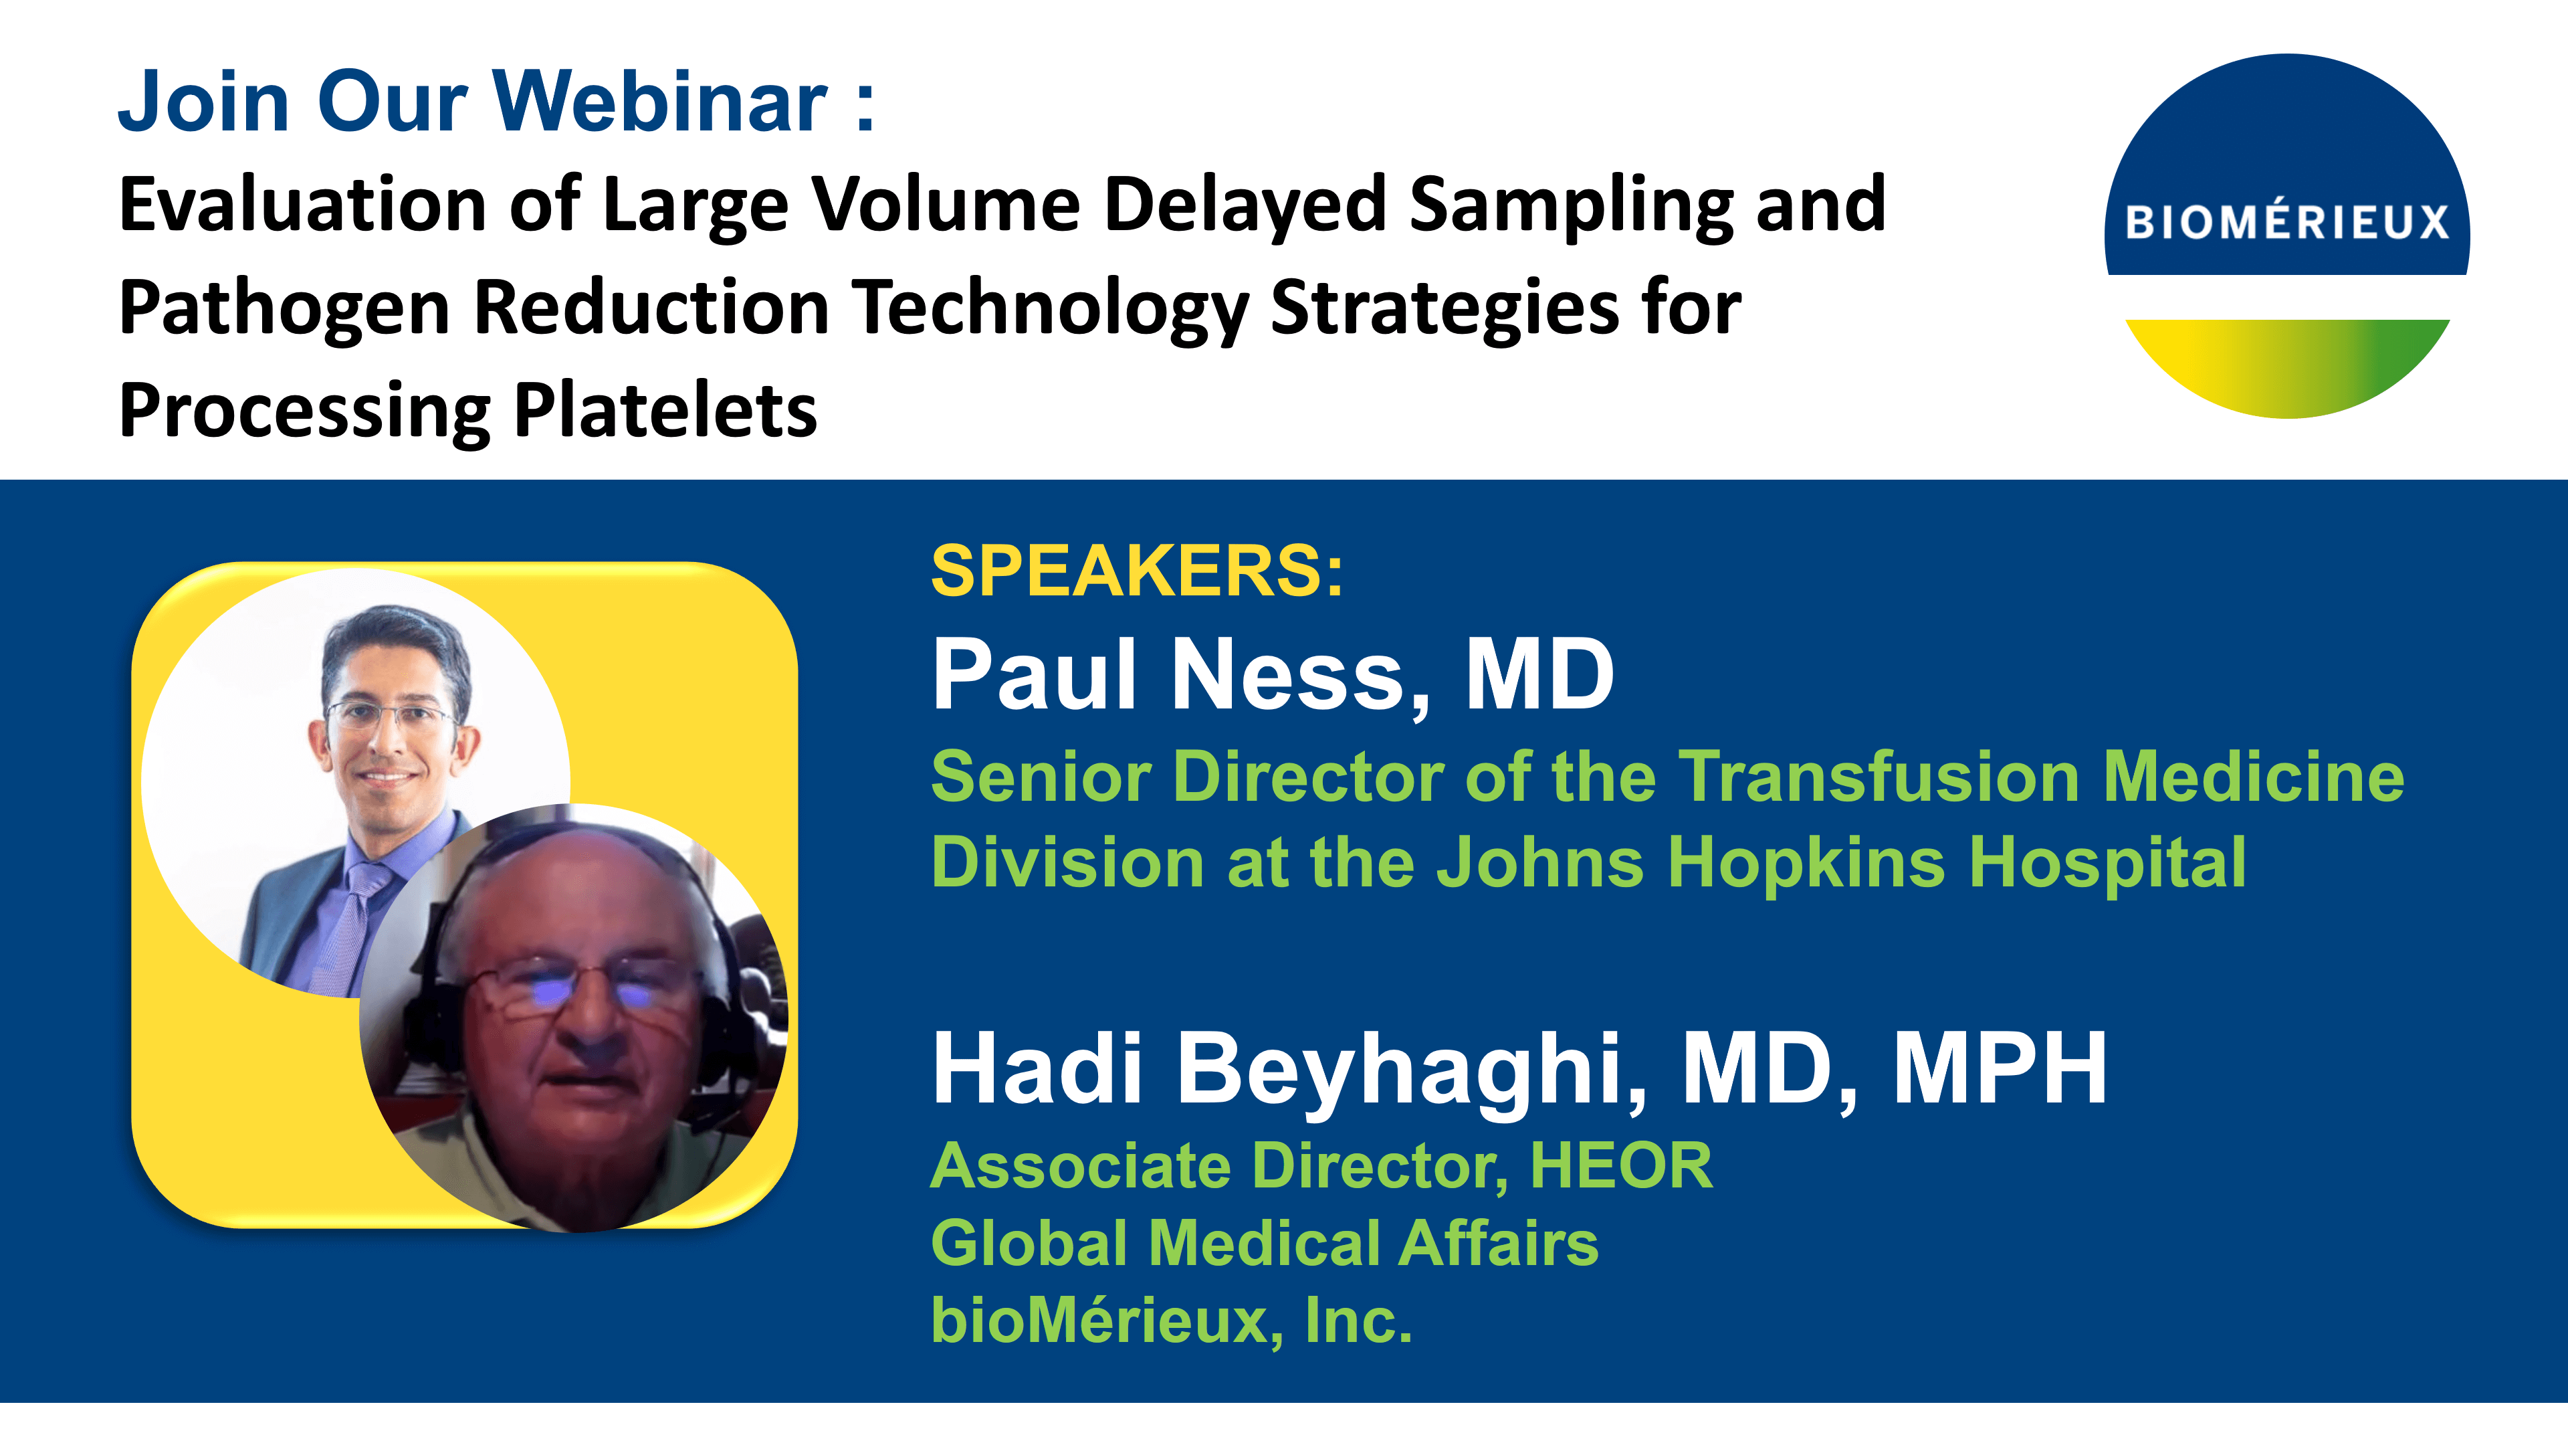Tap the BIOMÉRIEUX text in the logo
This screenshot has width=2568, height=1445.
tap(2287, 221)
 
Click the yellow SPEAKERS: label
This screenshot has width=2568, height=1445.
tap(1136, 571)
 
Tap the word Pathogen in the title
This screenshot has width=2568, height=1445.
tap(284, 309)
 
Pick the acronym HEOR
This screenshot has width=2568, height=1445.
tap(1621, 1166)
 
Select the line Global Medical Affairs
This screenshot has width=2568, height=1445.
tap(1264, 1244)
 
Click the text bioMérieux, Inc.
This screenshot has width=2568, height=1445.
tap(1172, 1321)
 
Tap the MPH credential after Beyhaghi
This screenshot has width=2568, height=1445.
tap(1999, 1069)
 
